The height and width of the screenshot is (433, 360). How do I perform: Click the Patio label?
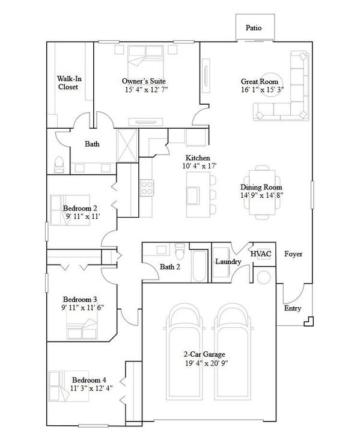click(x=254, y=28)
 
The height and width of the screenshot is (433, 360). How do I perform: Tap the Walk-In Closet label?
click(x=67, y=82)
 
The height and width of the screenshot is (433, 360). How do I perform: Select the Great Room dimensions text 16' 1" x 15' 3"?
click(x=262, y=90)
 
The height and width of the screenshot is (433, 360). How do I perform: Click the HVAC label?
click(x=261, y=254)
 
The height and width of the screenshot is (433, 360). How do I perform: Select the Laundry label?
click(x=228, y=262)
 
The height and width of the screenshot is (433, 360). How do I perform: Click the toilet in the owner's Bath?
click(x=59, y=162)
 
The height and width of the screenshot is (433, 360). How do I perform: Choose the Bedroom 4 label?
click(x=89, y=379)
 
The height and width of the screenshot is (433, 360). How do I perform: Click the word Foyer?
click(x=293, y=254)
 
